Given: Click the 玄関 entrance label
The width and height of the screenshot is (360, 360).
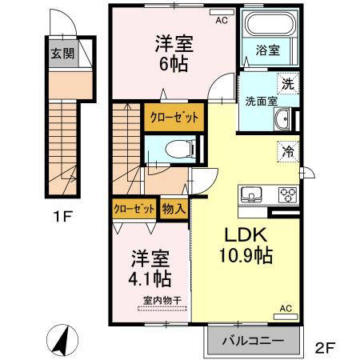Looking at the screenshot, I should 62,54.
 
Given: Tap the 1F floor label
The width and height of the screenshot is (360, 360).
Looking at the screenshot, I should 64,216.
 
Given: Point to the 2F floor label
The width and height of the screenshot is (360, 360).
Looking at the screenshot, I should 323,347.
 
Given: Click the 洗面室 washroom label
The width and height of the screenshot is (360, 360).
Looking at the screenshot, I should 261,102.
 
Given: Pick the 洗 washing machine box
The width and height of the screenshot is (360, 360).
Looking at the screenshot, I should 286,82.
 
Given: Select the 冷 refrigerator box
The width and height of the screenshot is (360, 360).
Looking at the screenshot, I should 286,150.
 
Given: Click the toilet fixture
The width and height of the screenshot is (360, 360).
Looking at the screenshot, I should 181,148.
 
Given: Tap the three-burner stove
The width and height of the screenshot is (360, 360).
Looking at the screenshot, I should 286,194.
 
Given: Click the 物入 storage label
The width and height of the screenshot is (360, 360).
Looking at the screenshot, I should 174,208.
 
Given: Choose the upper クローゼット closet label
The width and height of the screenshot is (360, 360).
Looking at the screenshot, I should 174,117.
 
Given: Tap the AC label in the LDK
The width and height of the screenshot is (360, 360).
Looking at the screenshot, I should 286,307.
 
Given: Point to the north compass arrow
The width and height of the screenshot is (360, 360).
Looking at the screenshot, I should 60,342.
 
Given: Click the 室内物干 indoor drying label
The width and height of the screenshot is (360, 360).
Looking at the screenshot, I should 162,301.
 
